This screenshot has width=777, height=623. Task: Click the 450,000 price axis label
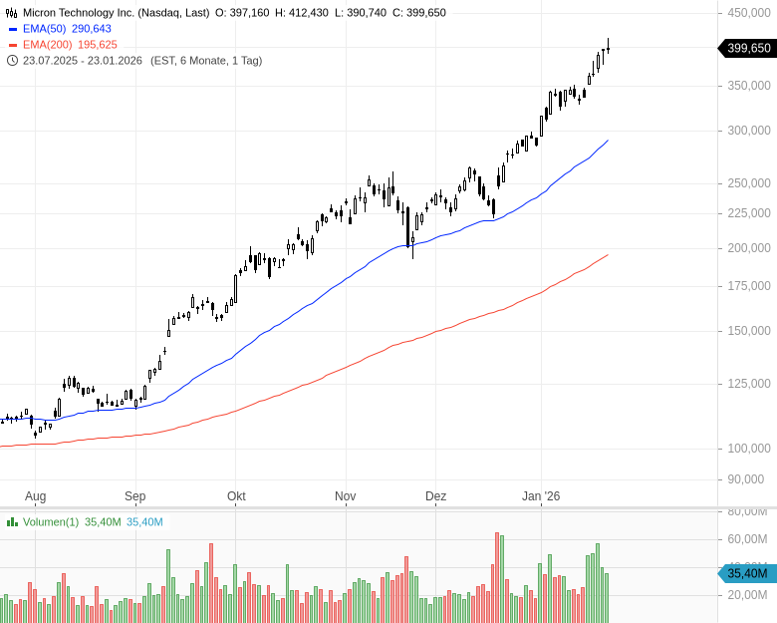[749, 13]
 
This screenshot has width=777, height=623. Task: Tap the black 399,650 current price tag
[747, 48]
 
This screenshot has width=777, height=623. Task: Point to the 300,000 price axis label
[749, 130]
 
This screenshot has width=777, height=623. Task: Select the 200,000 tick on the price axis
[749, 247]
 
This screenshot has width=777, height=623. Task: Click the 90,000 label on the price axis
[752, 478]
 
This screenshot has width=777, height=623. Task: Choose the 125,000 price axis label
[749, 383]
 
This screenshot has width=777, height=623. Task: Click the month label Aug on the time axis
[35, 496]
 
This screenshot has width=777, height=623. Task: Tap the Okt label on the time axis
[236, 496]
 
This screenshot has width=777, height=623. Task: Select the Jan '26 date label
[541, 496]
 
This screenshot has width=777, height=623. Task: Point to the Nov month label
[345, 496]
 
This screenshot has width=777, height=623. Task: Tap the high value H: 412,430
[308, 13]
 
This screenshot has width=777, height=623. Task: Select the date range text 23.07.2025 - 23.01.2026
[84, 60]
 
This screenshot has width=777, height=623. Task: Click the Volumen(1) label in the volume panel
[51, 521]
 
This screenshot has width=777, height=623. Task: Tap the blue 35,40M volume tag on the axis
[747, 573]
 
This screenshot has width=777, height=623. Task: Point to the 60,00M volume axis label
[748, 539]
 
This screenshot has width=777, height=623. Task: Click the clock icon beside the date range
[12, 60]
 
